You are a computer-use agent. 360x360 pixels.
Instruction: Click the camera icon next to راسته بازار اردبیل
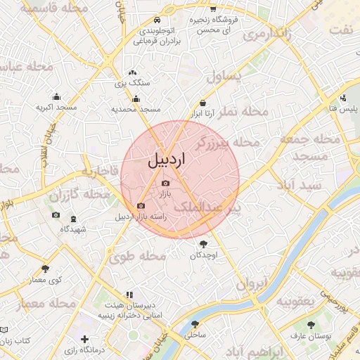tap(141, 206)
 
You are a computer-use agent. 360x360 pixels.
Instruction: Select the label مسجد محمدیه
tap(136, 110)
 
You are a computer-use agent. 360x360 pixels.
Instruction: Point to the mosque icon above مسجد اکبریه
tap(56, 97)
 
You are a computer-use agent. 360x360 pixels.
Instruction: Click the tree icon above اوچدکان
tap(204, 244)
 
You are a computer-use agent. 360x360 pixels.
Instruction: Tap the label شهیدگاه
tap(73, 229)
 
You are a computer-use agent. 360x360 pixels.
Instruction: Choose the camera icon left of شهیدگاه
tap(56, 215)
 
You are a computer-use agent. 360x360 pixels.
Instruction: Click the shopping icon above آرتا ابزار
tap(202, 103)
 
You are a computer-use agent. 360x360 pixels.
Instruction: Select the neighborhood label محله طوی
tap(137, 257)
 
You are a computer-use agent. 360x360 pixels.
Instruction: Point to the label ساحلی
tap(195, 336)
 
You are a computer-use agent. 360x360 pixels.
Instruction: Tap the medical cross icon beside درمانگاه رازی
tap(85, 340)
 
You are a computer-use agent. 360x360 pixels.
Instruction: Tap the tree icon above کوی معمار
tap(46, 269)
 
